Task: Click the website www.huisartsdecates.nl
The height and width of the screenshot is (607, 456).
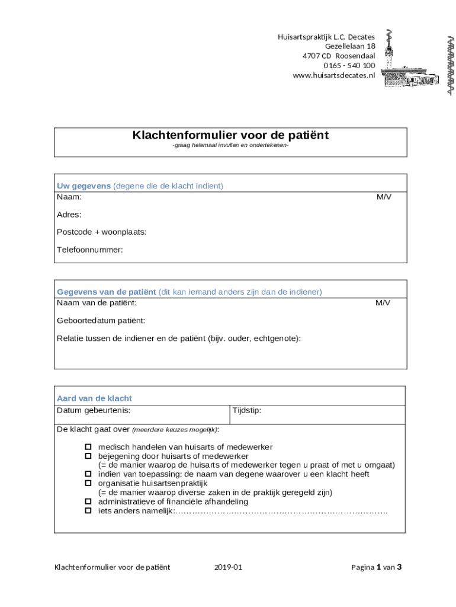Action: [334, 75]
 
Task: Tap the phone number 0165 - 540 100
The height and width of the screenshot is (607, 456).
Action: [349, 65]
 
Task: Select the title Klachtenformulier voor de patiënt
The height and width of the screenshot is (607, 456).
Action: [230, 135]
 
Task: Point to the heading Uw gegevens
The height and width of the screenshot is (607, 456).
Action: [84, 186]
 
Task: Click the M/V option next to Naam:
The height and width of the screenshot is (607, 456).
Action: [384, 197]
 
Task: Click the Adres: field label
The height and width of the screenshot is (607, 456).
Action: [69, 215]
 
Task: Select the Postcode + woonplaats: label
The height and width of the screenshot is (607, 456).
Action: [101, 232]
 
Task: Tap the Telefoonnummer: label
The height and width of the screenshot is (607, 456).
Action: [90, 250]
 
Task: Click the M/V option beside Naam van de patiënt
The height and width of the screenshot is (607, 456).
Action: [383, 303]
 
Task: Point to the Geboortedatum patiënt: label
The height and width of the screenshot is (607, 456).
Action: [101, 321]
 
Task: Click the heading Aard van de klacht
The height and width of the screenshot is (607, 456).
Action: [94, 398]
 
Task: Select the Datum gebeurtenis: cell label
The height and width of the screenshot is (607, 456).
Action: [94, 410]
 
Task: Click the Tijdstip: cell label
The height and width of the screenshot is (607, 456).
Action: [247, 410]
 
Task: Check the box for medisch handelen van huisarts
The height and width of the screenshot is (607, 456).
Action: [88, 447]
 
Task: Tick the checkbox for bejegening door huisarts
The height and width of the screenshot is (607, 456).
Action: [88, 456]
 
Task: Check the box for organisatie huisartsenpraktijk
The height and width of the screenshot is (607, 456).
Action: [88, 483]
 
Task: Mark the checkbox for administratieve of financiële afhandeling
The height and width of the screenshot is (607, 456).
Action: [88, 501]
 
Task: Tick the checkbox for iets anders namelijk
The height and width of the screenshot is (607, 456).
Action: [88, 510]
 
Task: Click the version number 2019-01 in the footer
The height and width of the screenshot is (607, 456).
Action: [228, 567]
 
